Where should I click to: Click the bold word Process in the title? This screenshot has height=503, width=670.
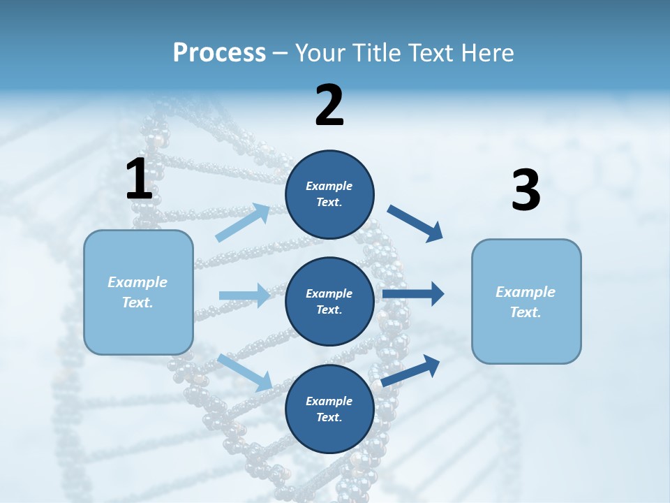(x=219, y=53)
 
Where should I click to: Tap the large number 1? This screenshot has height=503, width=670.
(x=139, y=179)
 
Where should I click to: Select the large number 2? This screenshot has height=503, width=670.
(x=329, y=105)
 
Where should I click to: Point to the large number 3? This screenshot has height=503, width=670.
(x=526, y=190)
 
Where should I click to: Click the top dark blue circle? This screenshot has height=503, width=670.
(x=329, y=194)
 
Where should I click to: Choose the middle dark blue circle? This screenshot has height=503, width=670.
(x=329, y=301)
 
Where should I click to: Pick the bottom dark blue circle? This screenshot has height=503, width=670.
(x=329, y=409)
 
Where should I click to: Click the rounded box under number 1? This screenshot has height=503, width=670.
(x=138, y=292)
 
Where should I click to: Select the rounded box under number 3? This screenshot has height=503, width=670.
(x=526, y=301)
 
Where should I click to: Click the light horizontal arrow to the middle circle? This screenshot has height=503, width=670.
(x=244, y=296)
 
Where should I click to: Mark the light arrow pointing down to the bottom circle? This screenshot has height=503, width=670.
(x=245, y=372)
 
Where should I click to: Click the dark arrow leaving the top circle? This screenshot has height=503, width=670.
(x=415, y=224)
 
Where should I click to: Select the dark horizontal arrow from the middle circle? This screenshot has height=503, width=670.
(x=413, y=294)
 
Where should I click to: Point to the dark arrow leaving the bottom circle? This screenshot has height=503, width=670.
(x=411, y=370)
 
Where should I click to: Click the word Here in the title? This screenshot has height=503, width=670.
(x=486, y=53)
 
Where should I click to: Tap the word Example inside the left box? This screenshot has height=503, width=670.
(x=137, y=282)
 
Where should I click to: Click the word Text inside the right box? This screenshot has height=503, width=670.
(x=525, y=312)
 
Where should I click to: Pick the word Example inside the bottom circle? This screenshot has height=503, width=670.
(x=329, y=401)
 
